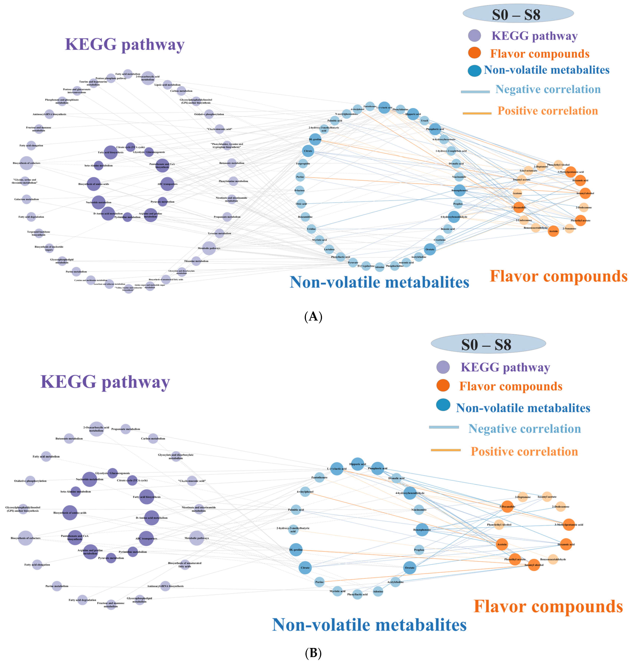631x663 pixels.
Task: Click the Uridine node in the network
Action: [311, 229]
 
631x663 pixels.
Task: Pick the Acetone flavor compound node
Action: [517, 193]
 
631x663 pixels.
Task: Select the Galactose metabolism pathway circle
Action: [27, 199]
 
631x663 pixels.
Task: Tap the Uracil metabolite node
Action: [424, 120]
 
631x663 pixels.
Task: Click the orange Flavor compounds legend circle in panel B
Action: [443, 386]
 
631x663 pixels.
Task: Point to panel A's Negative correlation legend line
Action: [475, 91]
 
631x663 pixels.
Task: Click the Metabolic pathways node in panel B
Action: [197, 538]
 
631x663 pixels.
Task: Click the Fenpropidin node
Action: [303, 164]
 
